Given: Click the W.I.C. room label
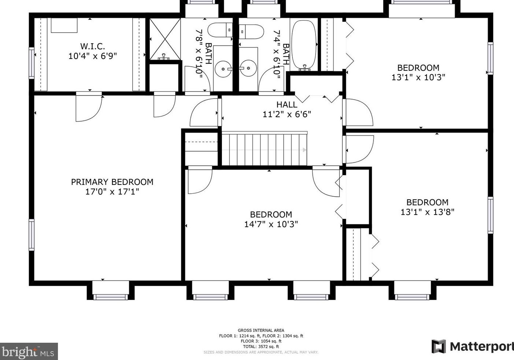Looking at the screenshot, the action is click(x=93, y=47).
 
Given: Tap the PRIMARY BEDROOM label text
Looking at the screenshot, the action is click(x=112, y=182).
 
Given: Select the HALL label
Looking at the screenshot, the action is click(x=287, y=104).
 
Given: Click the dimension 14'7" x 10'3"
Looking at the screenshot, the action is click(x=271, y=224).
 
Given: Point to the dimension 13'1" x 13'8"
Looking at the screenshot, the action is click(x=427, y=212).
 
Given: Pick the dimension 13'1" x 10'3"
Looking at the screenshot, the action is click(x=418, y=77).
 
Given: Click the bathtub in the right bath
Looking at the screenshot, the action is click(x=303, y=45).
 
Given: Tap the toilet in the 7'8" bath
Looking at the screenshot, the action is click(x=220, y=30).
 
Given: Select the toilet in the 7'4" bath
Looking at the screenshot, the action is click(x=251, y=32).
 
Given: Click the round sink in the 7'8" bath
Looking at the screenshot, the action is click(x=223, y=68).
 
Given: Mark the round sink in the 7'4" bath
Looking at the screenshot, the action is click(x=249, y=68).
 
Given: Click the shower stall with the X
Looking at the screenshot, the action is click(x=165, y=39).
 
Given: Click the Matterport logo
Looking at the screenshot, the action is click(x=473, y=347).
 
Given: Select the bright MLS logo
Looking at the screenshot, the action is click(x=29, y=351).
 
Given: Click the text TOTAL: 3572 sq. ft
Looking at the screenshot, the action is click(x=261, y=347).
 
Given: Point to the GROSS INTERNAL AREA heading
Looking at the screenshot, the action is click(x=261, y=330).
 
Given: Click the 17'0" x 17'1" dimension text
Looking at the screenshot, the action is click(x=112, y=192).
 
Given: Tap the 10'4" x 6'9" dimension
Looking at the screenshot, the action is click(x=93, y=56).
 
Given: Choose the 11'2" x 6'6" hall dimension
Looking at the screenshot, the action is click(x=287, y=114).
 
